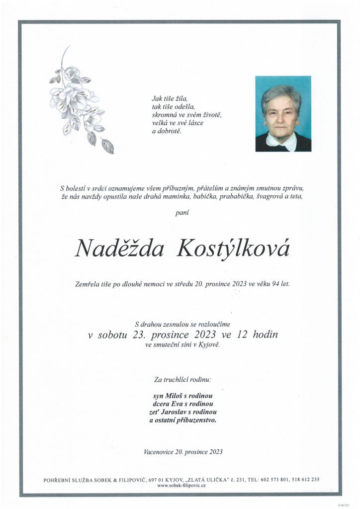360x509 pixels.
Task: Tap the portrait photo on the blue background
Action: pyautogui.click(x=283, y=113)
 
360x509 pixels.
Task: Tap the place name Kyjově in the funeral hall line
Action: pyautogui.click(x=208, y=345)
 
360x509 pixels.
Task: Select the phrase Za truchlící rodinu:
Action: pyautogui.click(x=182, y=379)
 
